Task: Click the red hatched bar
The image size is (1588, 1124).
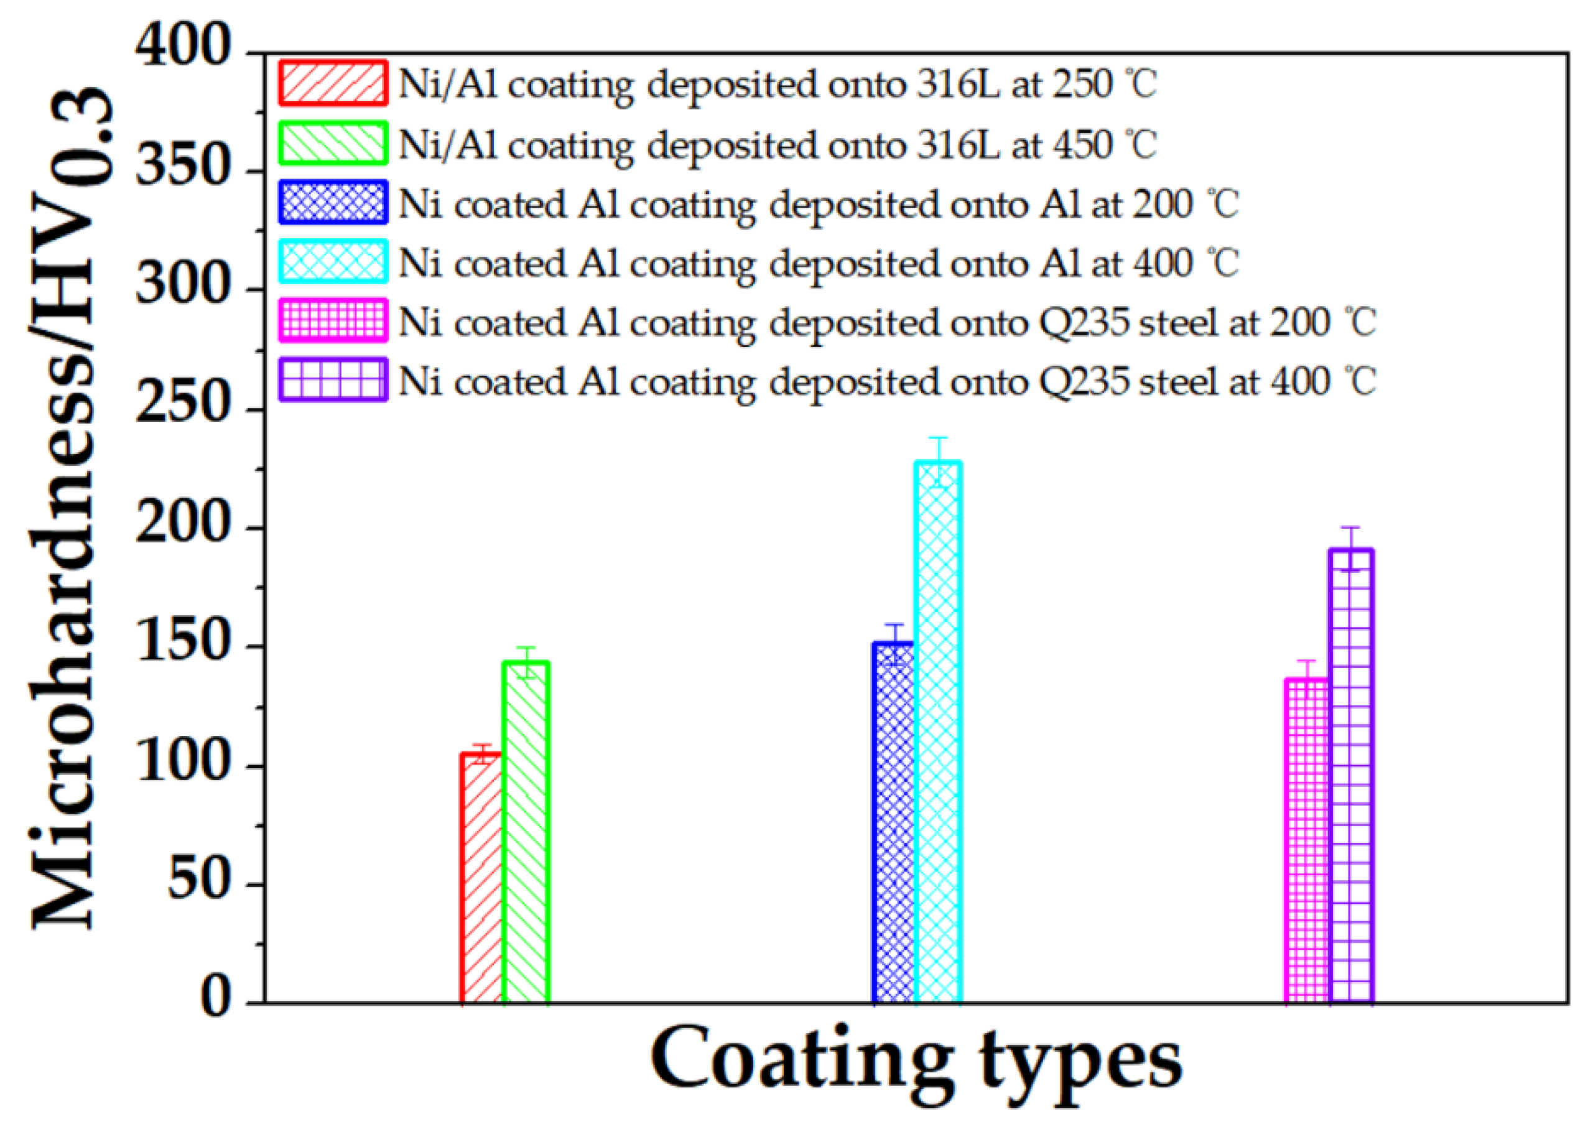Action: pyautogui.click(x=481, y=879)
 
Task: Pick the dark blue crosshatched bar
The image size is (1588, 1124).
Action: pyautogui.click(x=894, y=824)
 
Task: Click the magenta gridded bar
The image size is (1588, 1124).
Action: pyautogui.click(x=1306, y=841)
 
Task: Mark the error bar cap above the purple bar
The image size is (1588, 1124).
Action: pyautogui.click(x=1350, y=528)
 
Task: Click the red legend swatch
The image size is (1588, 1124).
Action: pyautogui.click(x=333, y=84)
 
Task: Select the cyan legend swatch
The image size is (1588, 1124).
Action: pyautogui.click(x=333, y=262)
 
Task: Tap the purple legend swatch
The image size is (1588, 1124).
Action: pyautogui.click(x=333, y=380)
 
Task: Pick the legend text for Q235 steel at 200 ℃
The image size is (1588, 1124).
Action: pyautogui.click(x=886, y=323)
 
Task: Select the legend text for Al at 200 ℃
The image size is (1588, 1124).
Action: pyautogui.click(x=818, y=205)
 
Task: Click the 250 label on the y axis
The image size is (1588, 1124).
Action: pyautogui.click(x=183, y=405)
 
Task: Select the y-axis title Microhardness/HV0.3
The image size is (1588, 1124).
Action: pyautogui.click(x=69, y=509)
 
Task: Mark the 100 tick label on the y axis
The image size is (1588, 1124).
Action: pyautogui.click(x=183, y=763)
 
